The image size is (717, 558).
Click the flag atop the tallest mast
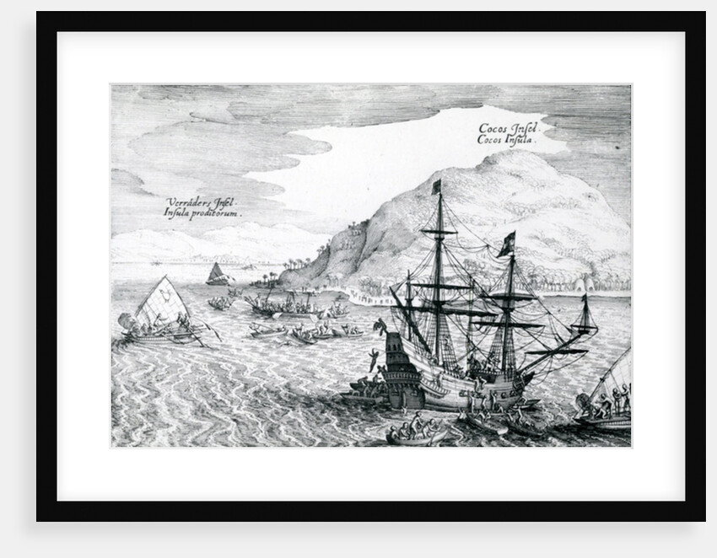pos(436,186)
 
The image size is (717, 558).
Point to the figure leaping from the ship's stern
pos(380,325)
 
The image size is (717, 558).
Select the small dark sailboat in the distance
pos(218,273)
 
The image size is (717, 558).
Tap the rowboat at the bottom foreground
pos(415,435)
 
